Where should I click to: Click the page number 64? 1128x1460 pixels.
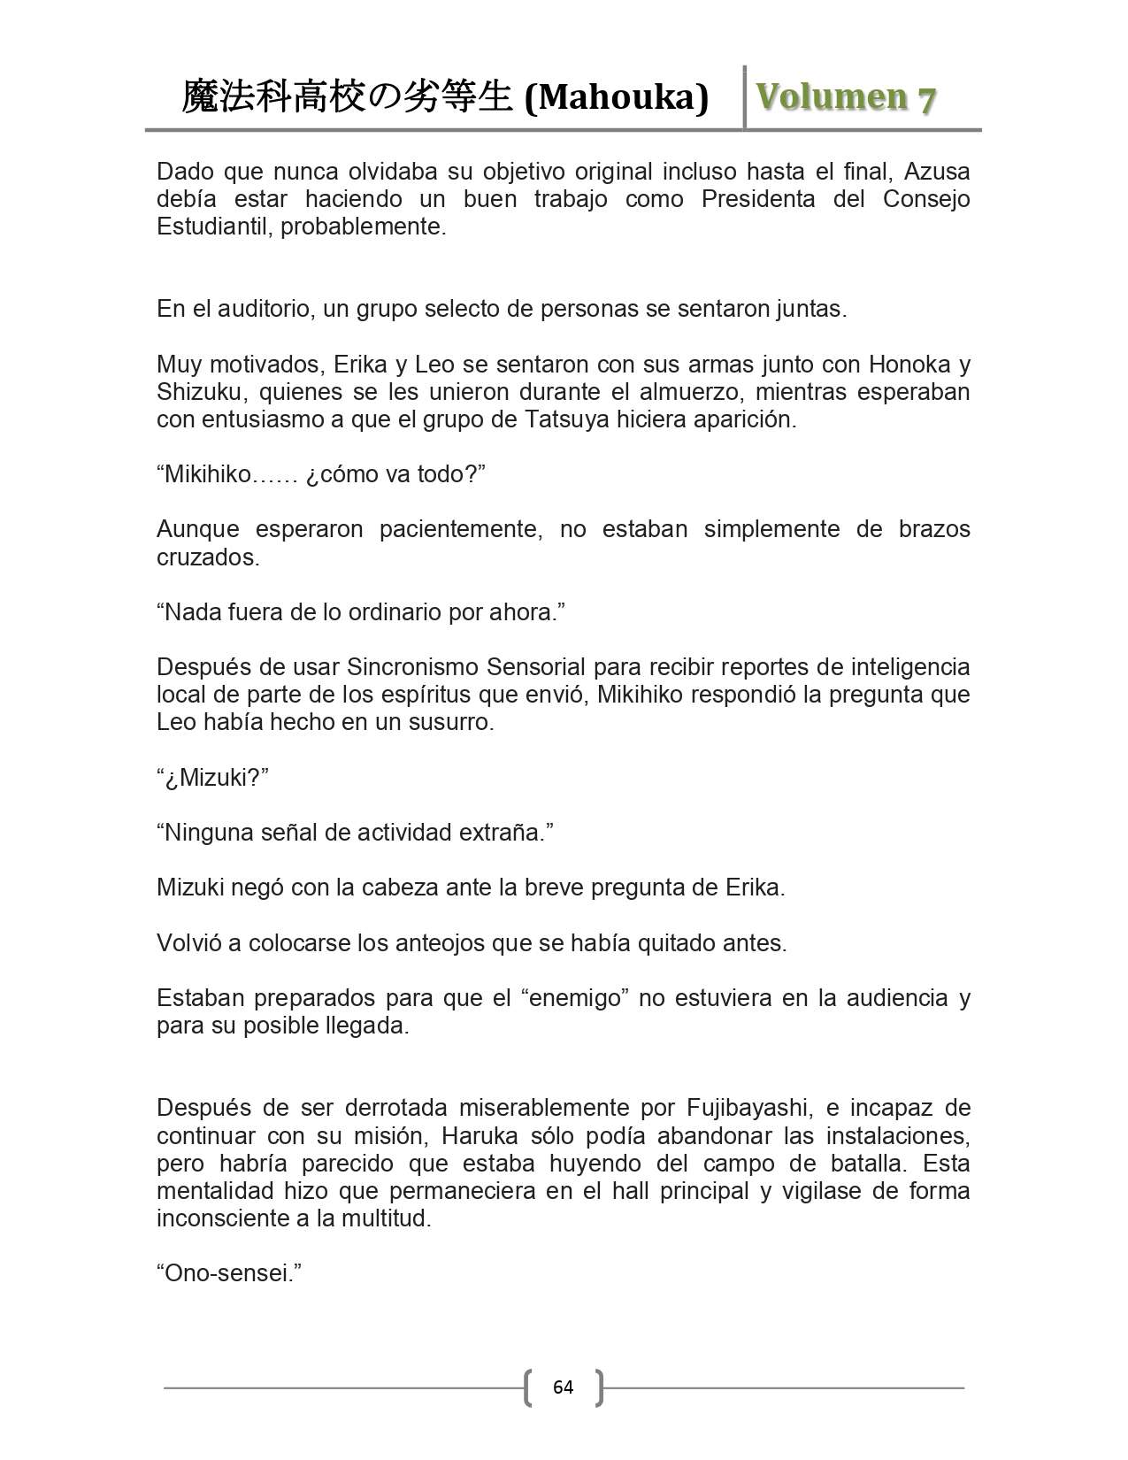(x=563, y=1387)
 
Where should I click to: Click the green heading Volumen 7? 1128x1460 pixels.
(x=845, y=97)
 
